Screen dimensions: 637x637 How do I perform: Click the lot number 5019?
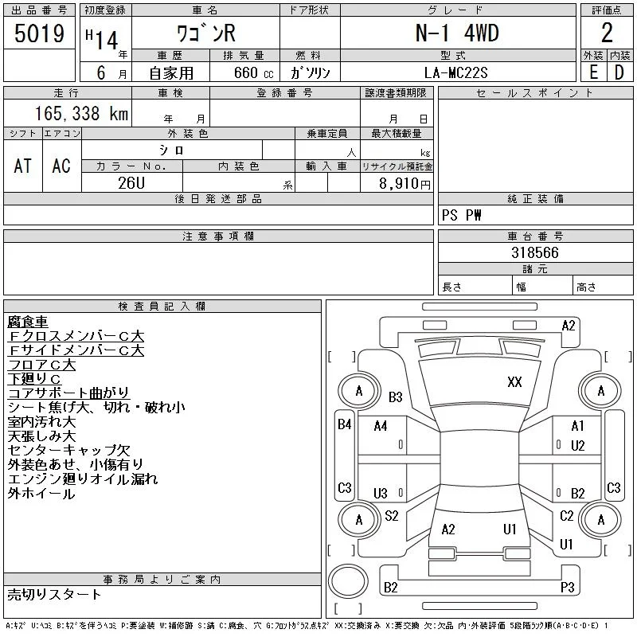point(39,33)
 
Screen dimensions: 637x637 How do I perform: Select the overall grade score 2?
point(607,33)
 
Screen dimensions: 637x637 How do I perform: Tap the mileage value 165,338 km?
point(81,113)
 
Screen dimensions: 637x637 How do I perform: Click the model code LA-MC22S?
point(455,72)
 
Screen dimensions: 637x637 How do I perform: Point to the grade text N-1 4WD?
point(457,33)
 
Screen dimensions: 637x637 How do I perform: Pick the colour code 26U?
point(131,183)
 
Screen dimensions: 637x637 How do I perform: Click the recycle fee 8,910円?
point(404,184)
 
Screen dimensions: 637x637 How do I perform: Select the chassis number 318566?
point(535,252)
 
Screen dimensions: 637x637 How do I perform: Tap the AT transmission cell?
point(22,166)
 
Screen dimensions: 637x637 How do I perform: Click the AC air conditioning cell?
point(61,166)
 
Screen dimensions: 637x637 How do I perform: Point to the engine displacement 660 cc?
point(253,73)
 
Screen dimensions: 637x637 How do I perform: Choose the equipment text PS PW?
point(462,215)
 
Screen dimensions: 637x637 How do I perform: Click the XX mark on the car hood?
point(514,382)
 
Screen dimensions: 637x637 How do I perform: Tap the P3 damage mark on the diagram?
point(568,587)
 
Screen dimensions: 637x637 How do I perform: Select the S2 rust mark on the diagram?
point(392,515)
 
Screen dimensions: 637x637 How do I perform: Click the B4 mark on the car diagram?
point(345,424)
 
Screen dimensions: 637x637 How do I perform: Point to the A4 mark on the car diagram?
point(381,426)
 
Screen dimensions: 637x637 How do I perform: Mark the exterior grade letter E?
point(593,72)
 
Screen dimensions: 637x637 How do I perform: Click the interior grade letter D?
point(619,72)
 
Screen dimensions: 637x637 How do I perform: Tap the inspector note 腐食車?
point(28,322)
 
